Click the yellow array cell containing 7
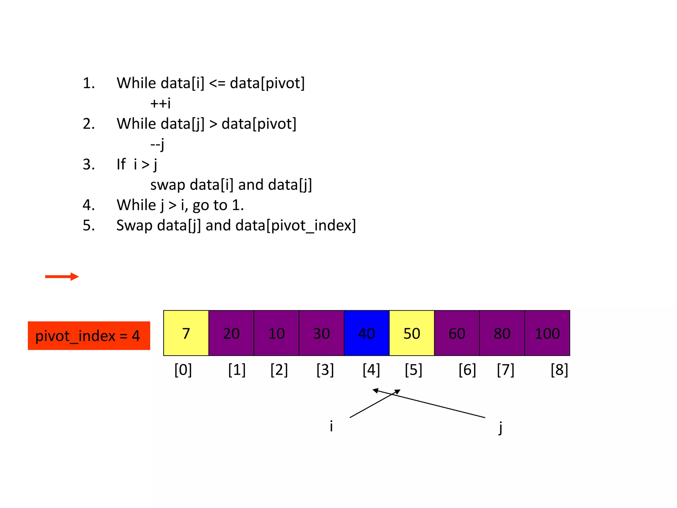pos(186,333)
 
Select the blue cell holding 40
pos(367,333)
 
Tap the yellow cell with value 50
pos(412,333)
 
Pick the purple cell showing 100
pos(547,333)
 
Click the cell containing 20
pos(231,333)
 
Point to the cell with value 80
pos(502,333)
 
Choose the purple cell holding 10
pos(276,333)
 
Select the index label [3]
pos(325,370)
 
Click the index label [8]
pos(559,370)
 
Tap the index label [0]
pos(183,370)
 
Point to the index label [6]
pos(467,370)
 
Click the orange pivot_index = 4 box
pos(89,336)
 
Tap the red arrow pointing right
pos(62,276)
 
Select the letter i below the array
pos(331,426)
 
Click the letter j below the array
pos(500,428)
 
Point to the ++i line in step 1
pos(160,104)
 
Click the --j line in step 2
pos(157,145)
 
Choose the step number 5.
pos(88,226)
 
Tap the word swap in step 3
pos(168,185)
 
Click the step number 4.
pos(88,205)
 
